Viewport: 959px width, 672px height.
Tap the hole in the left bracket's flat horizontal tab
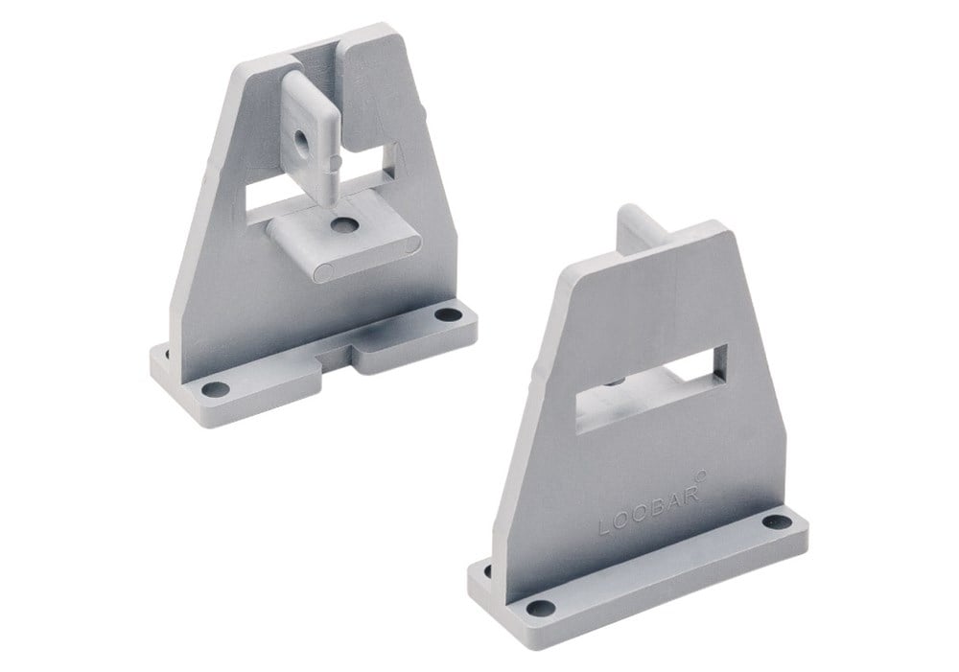click(344, 225)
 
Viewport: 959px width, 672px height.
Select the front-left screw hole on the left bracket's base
click(215, 389)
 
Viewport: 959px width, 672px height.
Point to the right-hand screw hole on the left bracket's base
click(449, 314)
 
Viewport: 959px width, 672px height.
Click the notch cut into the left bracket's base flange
click(337, 358)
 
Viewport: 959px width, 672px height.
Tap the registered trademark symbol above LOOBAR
click(702, 474)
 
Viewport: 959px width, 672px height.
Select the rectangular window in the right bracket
click(652, 389)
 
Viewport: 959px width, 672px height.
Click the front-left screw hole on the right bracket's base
click(541, 608)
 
